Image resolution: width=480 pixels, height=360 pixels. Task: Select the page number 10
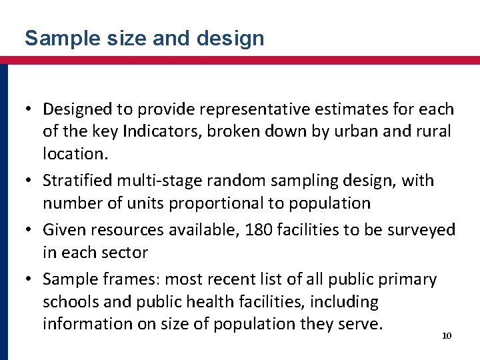coord(447,335)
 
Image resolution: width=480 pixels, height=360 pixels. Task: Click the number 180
coord(259,230)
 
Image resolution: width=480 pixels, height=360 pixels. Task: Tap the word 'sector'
coord(125,252)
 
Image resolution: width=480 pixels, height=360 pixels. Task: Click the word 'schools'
coord(71,301)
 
